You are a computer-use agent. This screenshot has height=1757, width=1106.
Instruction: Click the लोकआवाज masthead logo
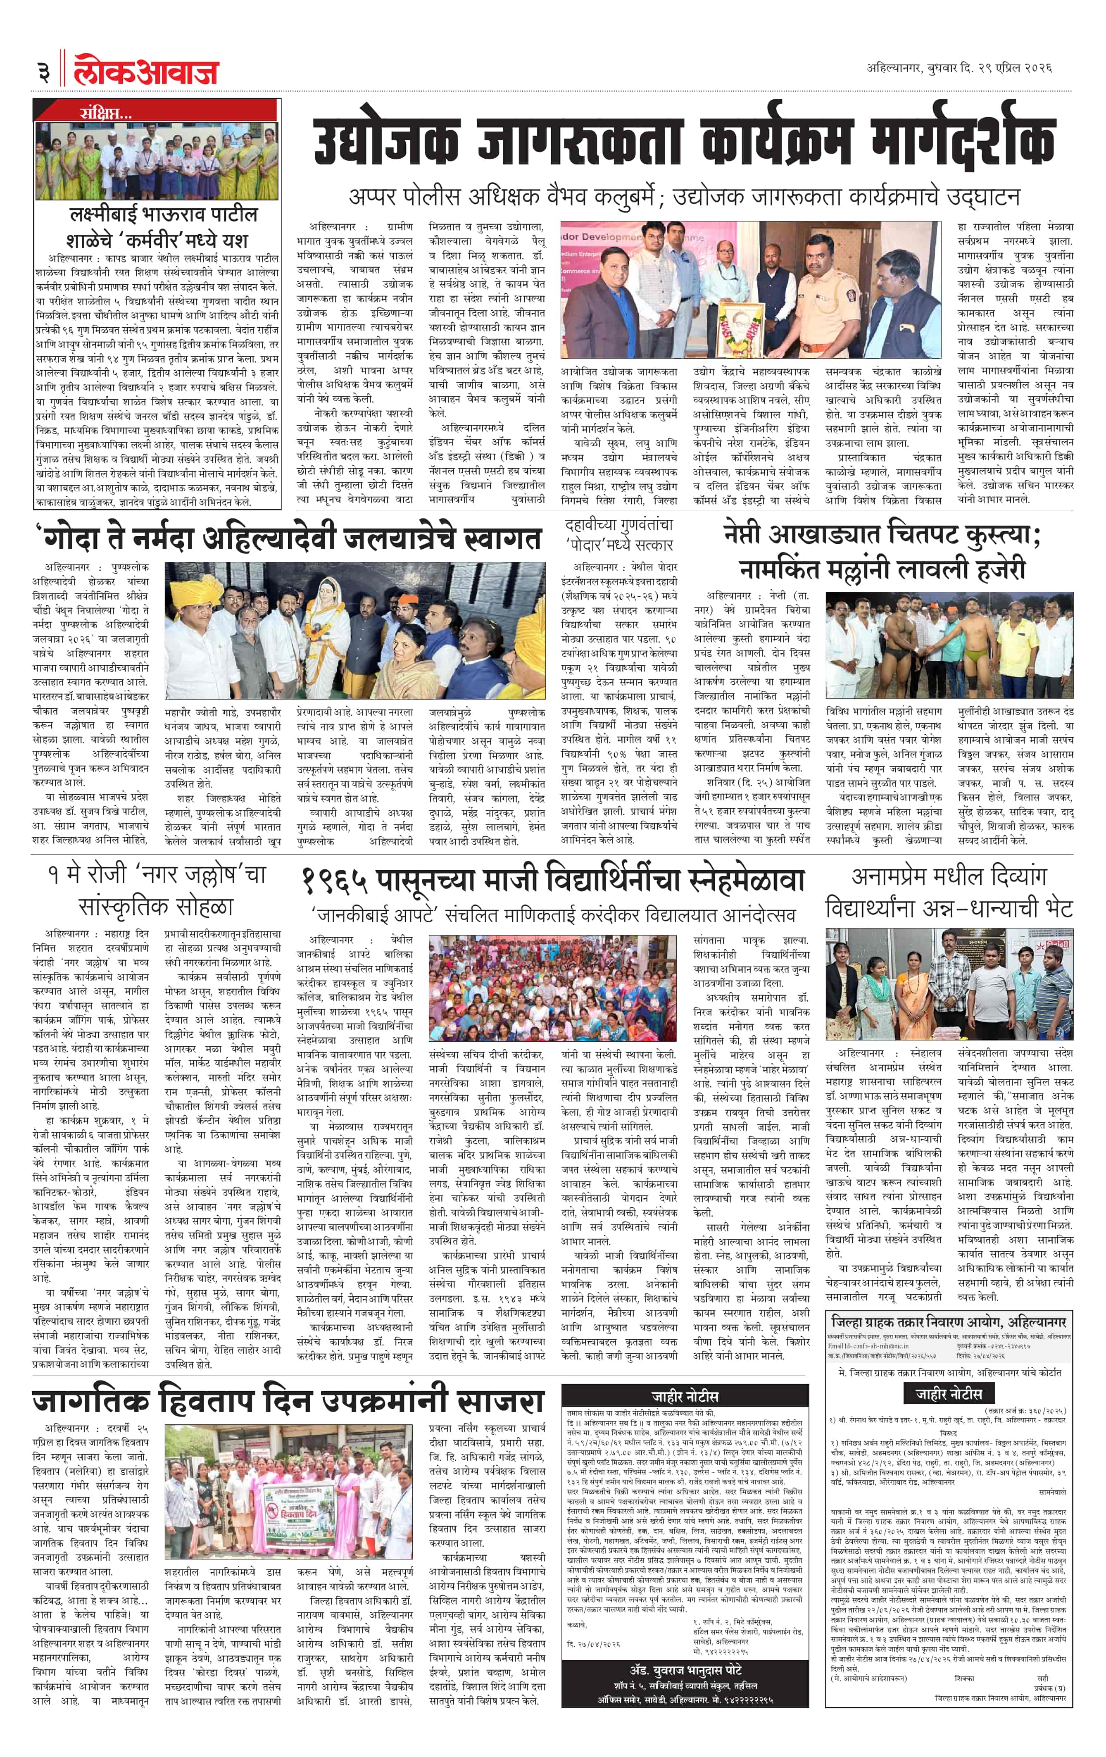tap(146, 71)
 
